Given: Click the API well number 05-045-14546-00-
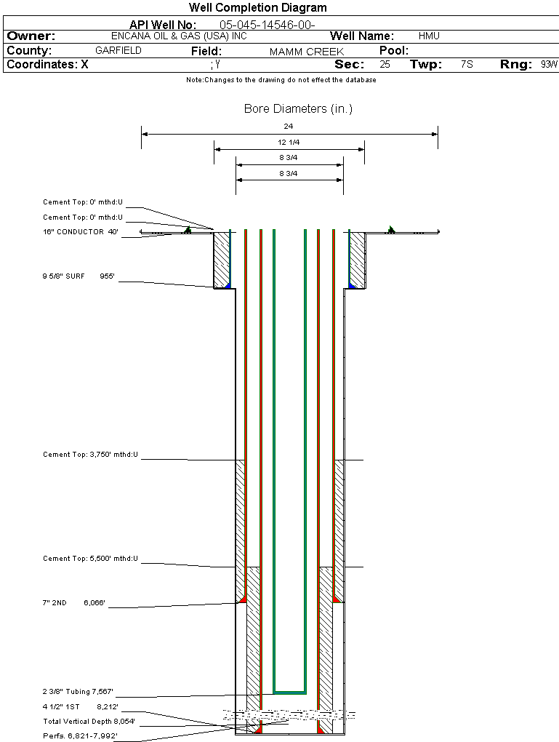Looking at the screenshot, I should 267,25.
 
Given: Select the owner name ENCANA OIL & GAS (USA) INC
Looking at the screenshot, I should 178,36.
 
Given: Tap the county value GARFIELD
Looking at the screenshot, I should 118,51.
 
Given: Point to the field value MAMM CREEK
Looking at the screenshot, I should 306,52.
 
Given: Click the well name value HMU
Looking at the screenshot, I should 429,36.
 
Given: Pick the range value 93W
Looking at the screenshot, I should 549,65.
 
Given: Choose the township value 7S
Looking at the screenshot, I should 467,65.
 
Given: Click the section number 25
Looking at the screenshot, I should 385,65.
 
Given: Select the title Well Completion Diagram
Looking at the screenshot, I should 257,8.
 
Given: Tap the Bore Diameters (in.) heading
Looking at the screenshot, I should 298,109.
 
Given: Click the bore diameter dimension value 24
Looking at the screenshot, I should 289,127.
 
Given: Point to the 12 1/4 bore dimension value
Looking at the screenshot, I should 289,142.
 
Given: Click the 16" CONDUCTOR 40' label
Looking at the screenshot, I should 81,232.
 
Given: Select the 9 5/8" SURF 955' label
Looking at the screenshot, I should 79,276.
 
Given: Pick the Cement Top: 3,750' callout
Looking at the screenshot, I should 90,455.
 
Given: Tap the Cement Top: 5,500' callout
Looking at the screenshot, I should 90,559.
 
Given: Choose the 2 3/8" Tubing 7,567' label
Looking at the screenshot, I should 78,692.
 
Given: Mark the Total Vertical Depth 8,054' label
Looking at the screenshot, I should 89,722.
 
